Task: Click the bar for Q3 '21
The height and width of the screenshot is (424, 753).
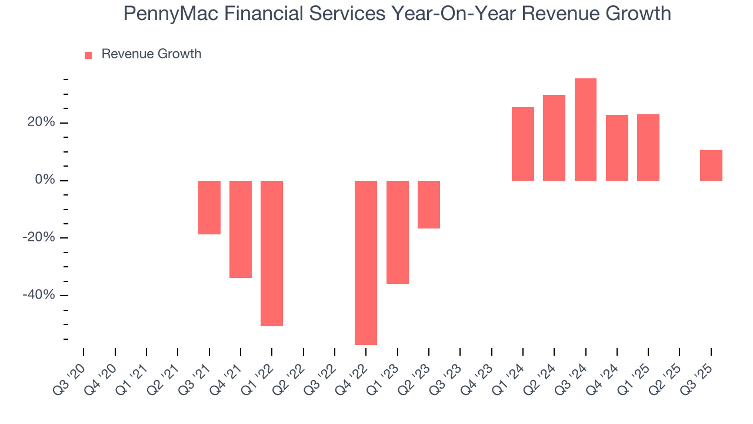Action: pyautogui.click(x=209, y=207)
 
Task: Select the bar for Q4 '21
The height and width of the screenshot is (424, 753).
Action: pyautogui.click(x=241, y=229)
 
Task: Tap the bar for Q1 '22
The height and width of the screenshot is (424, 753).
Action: pyautogui.click(x=272, y=253)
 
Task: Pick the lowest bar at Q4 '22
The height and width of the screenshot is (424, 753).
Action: pyautogui.click(x=366, y=263)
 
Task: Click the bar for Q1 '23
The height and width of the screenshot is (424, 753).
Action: pyautogui.click(x=398, y=232)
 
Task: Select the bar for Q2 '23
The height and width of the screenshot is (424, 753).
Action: pyautogui.click(x=429, y=204)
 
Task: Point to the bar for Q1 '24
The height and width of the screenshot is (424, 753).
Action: pyautogui.click(x=523, y=144)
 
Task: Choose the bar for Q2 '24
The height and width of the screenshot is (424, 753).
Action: pyautogui.click(x=554, y=138)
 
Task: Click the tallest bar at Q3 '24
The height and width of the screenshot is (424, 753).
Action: pyautogui.click(x=585, y=130)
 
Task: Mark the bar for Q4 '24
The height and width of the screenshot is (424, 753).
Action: pyautogui.click(x=617, y=148)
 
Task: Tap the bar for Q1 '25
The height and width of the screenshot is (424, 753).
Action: pyautogui.click(x=648, y=147)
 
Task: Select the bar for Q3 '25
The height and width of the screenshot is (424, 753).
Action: pyautogui.click(x=711, y=165)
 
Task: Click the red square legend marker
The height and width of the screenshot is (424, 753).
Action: pyautogui.click(x=88, y=55)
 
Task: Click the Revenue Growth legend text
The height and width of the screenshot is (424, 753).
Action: pyautogui.click(x=151, y=54)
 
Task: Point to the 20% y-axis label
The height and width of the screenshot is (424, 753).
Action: pyautogui.click(x=39, y=122)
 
